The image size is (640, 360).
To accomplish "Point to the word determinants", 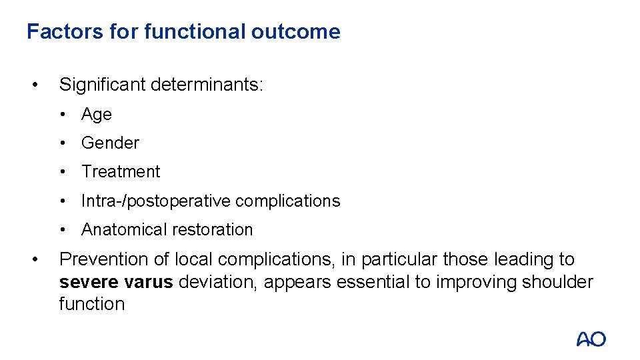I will (x=207, y=85).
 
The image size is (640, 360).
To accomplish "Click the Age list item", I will (x=97, y=115).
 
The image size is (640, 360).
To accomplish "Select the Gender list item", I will (x=110, y=143).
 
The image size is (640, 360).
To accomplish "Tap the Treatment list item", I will (x=121, y=171).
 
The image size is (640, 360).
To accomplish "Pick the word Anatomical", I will (x=121, y=229).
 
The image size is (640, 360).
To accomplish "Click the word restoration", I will (x=210, y=229).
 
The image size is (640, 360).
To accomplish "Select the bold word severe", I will (x=87, y=282).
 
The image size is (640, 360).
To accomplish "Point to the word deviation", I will (x=217, y=282).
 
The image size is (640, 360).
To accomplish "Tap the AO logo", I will (x=591, y=339).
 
